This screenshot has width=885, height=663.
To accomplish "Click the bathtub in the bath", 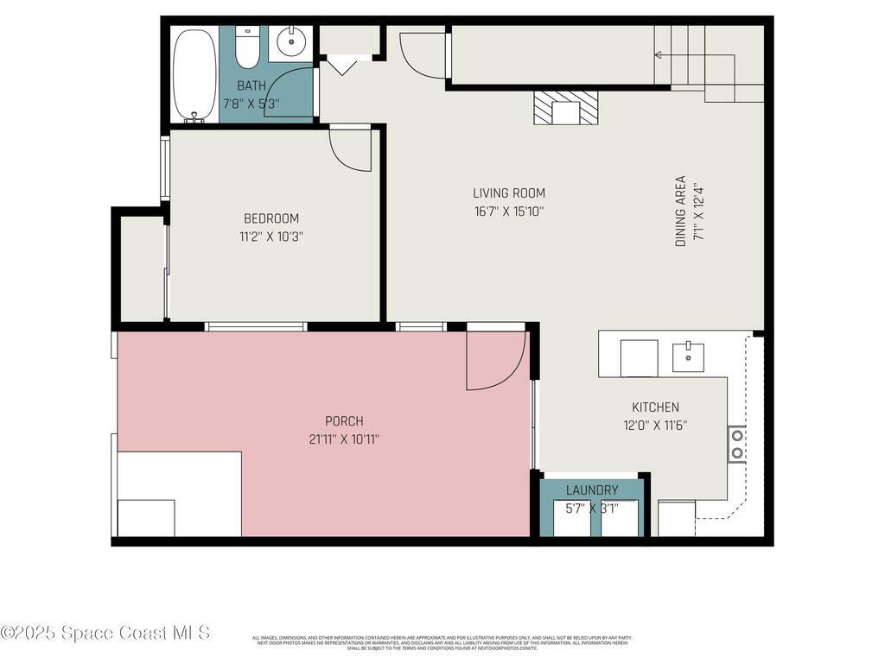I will [x=194, y=76].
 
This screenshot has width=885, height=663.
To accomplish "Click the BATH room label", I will [x=251, y=85].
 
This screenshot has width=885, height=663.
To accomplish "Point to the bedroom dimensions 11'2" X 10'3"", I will [x=271, y=236].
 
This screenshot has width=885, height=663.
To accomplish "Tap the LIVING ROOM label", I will [x=508, y=193].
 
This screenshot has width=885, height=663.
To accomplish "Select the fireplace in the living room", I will [x=566, y=109].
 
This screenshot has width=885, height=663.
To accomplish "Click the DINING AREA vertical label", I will [x=680, y=212].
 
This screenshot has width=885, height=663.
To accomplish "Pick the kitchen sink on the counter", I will [x=688, y=356].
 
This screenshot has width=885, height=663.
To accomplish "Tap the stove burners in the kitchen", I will [x=737, y=444].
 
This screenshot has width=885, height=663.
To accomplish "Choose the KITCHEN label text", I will [x=655, y=407].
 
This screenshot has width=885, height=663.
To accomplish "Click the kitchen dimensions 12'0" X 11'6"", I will [x=655, y=425].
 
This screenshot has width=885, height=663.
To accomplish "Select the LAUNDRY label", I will [x=592, y=490].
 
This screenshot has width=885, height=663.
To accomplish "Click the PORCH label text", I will [x=344, y=421].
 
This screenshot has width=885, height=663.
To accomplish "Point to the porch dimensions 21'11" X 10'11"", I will [x=344, y=439].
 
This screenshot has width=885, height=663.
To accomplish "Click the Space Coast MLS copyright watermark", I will [x=105, y=633].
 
